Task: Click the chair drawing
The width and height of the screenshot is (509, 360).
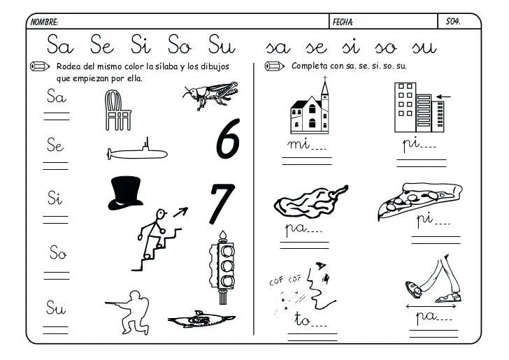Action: click(118, 110)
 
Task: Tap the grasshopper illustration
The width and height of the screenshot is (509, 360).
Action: click(210, 95)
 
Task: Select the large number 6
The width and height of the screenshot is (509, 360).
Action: click(227, 138)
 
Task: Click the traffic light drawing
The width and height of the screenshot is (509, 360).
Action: click(224, 266)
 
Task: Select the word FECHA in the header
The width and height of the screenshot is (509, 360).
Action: click(343, 22)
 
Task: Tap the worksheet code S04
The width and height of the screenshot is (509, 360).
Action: click(452, 22)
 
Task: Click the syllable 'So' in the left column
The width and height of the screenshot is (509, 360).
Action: click(57, 254)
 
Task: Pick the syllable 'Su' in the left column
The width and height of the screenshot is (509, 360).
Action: click(56, 307)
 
